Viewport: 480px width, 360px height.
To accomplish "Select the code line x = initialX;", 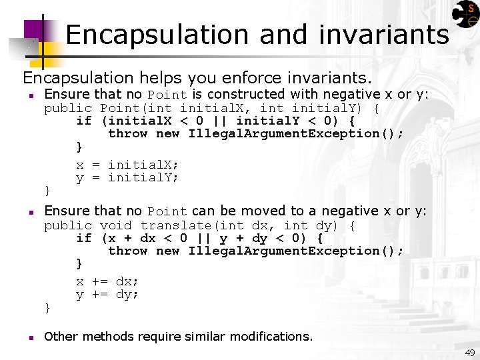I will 127,165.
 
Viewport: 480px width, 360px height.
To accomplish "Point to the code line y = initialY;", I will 127,177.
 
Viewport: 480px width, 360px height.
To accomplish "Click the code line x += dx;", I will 107,281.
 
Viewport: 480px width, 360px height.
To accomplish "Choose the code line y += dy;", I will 107,294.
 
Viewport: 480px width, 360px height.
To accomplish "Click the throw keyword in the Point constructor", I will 127,133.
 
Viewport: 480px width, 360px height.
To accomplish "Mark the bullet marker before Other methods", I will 31,337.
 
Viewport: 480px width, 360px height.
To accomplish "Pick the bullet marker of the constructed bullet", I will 31,95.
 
